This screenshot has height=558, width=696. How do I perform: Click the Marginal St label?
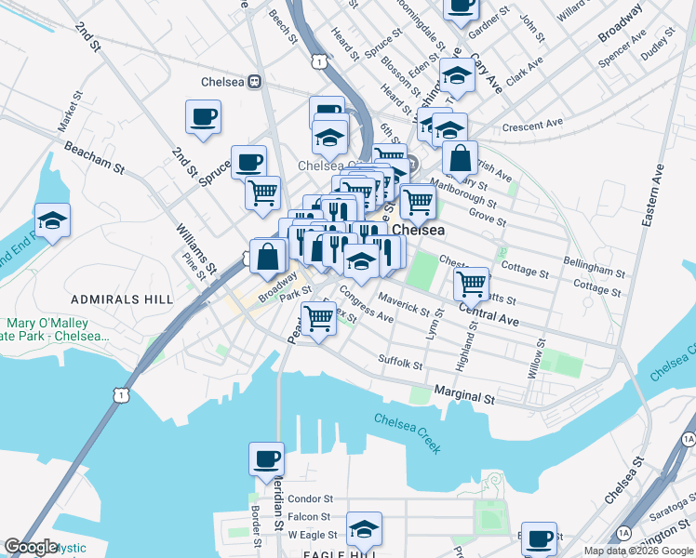(463, 396)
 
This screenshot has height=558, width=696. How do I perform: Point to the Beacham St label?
(93, 157)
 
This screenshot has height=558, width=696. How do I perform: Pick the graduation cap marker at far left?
(52, 221)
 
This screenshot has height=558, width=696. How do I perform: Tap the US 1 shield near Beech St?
(319, 61)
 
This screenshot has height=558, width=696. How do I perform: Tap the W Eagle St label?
(310, 535)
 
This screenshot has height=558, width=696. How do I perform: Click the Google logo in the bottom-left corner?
(32, 547)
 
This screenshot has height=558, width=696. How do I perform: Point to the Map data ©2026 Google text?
(638, 551)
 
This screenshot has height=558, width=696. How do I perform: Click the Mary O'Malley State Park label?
(54, 329)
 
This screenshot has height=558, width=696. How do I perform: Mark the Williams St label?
(194, 244)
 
